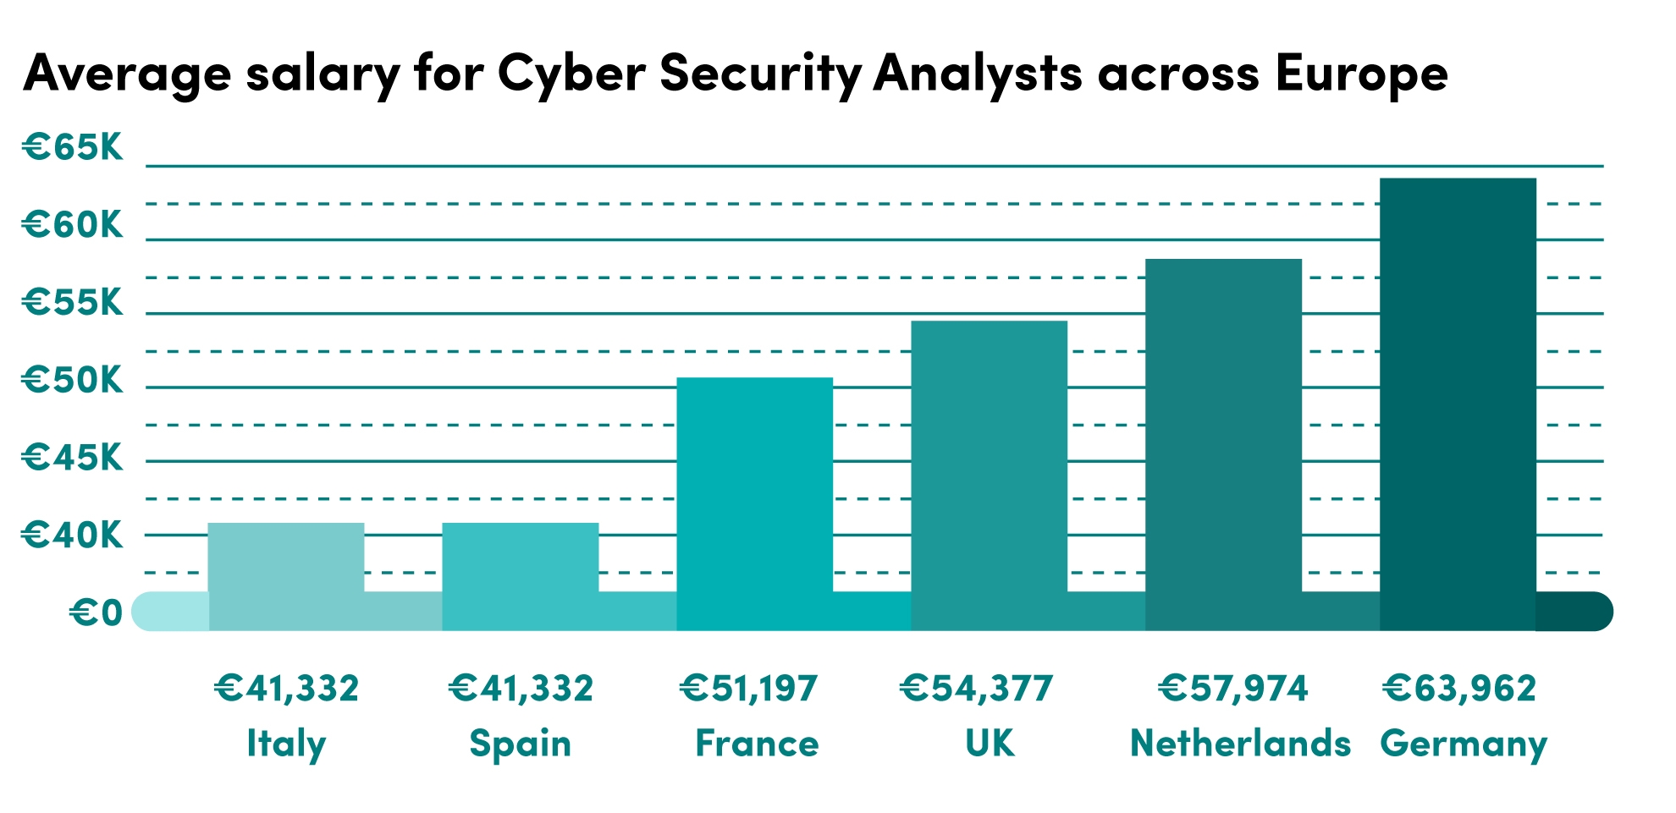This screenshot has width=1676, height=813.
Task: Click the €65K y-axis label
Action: tap(73, 147)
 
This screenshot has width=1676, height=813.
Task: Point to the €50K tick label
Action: tap(73, 381)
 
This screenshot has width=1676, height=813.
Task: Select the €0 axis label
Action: tap(96, 612)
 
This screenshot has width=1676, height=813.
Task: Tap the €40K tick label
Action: tap(73, 536)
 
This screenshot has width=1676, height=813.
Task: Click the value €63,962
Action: tap(1459, 688)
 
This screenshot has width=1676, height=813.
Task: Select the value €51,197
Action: tap(749, 688)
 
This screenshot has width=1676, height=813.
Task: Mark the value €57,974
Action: tap(1233, 688)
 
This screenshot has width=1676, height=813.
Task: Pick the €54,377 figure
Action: tap(976, 688)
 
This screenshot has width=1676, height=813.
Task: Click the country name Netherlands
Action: tap(1240, 744)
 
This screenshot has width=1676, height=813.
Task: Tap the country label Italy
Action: tap(286, 744)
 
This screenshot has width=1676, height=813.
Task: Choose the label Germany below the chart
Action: tap(1464, 744)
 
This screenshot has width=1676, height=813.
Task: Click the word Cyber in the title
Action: tap(571, 74)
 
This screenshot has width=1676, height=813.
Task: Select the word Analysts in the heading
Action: tap(978, 74)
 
